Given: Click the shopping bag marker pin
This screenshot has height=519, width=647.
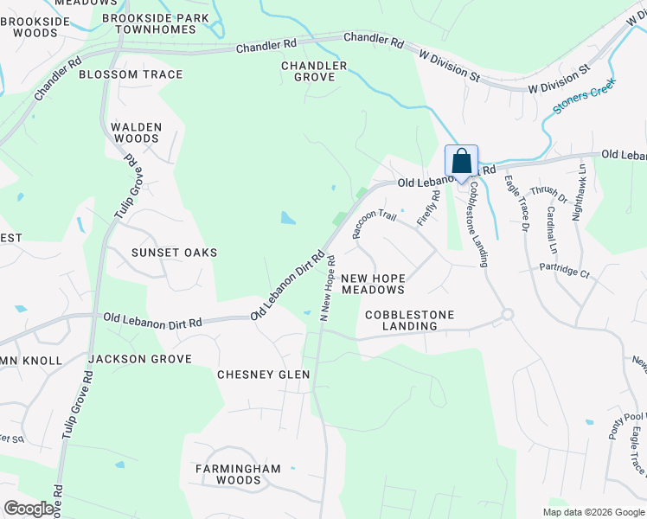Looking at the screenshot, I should pyautogui.click(x=461, y=162).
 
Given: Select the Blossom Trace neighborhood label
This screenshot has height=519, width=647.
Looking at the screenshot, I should pyautogui.click(x=131, y=74).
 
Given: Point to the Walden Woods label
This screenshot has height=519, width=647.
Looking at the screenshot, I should pyautogui.click(x=137, y=132).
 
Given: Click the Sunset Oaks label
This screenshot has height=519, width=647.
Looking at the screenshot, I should pyautogui.click(x=174, y=253).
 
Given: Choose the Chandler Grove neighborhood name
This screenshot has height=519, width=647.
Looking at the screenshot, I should pyautogui.click(x=314, y=72).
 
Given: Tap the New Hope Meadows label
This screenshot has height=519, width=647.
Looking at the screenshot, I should pyautogui.click(x=373, y=284).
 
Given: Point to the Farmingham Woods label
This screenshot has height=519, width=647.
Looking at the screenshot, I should pyautogui.click(x=237, y=474).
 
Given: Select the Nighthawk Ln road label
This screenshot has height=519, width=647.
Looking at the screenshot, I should pyautogui.click(x=580, y=193).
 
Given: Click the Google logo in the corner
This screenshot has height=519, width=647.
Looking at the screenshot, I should pyautogui.click(x=29, y=509).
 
